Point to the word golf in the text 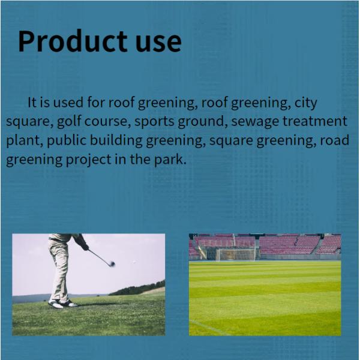[70, 121]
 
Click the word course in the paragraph [107, 121]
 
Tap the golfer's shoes [62, 304]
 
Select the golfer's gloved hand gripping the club [86, 247]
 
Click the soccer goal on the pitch [235, 254]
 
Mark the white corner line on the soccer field [207, 327]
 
